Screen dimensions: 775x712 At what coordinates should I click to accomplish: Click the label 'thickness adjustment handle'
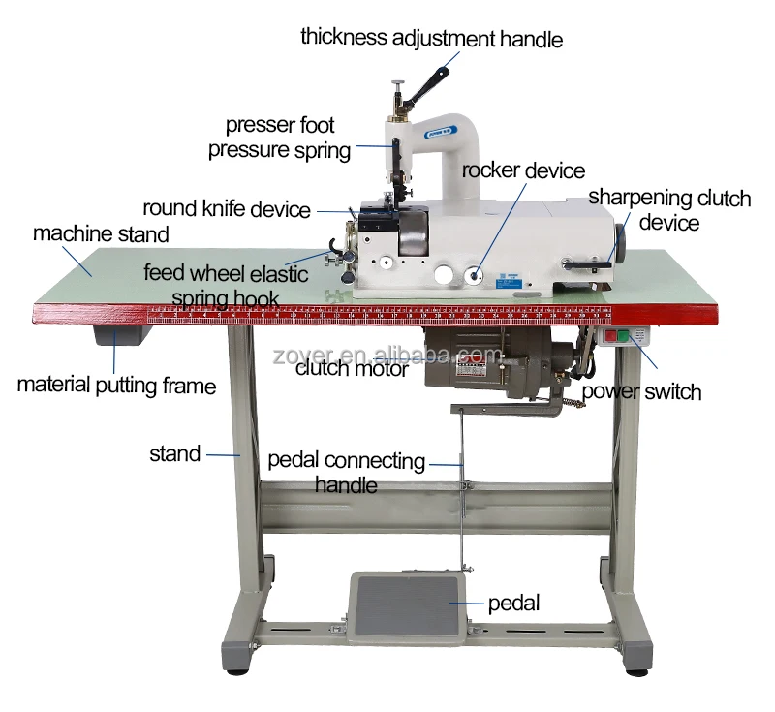(x=431, y=38)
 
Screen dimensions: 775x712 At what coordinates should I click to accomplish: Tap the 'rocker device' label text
(x=523, y=170)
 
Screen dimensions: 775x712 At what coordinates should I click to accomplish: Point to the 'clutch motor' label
(x=352, y=368)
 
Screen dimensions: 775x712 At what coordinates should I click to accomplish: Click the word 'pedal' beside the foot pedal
(x=513, y=603)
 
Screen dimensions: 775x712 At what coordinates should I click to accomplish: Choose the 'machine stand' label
(x=101, y=233)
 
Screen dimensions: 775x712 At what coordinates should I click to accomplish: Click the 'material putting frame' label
(x=116, y=385)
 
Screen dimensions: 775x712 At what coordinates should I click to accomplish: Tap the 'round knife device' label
(x=227, y=208)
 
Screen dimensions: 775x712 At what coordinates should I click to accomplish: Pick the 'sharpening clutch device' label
(x=669, y=210)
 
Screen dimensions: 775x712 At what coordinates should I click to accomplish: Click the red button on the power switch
(x=609, y=338)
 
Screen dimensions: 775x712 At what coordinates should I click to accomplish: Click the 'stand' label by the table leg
(x=175, y=453)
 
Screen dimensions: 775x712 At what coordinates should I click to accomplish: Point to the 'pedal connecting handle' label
(x=346, y=472)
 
